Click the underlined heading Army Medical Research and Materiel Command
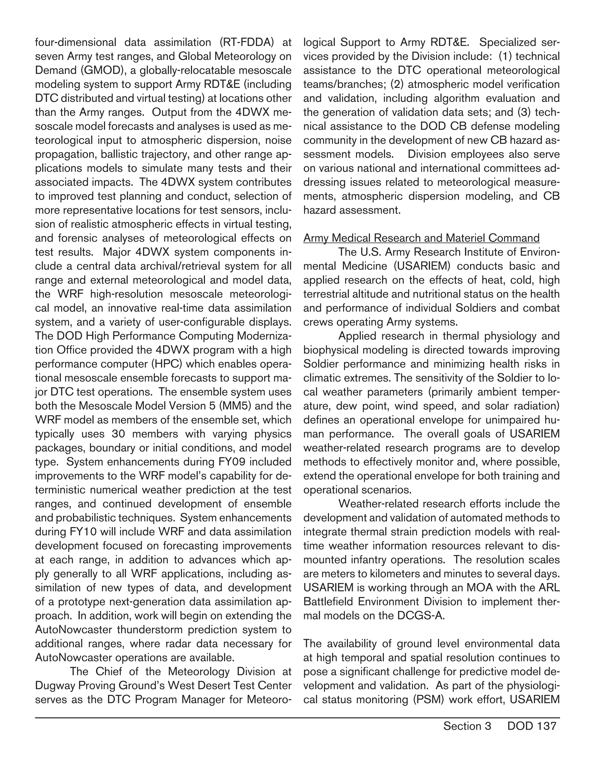tap(421, 238)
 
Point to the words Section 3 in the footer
tap(467, 726)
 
